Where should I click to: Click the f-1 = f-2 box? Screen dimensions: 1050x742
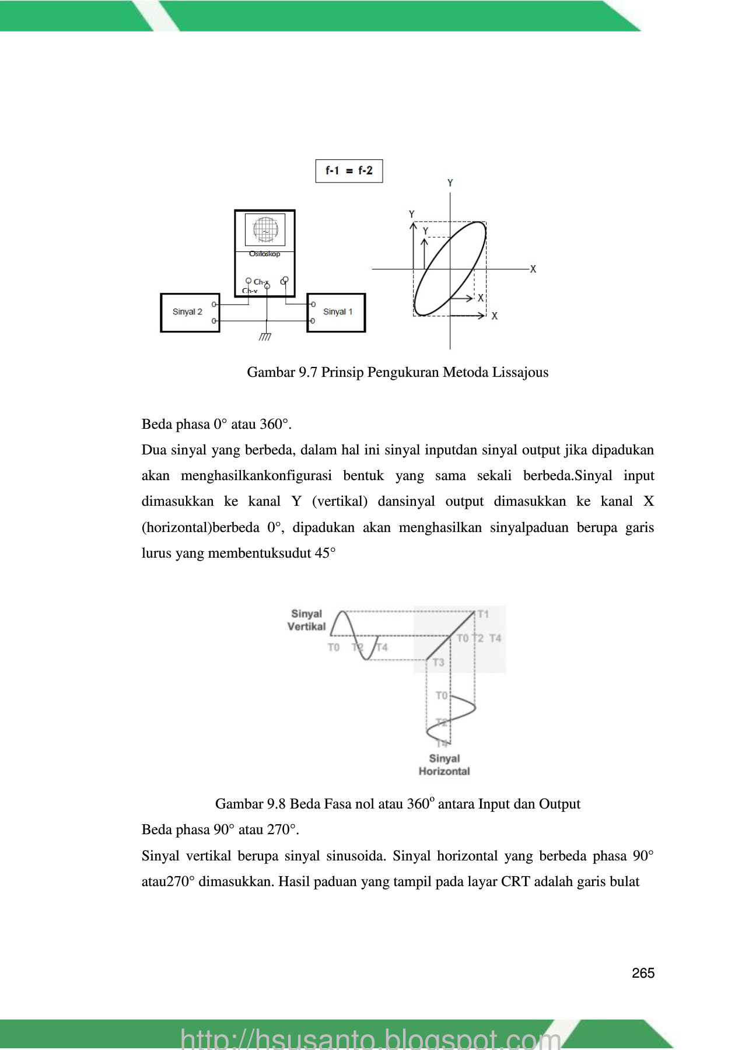(x=349, y=171)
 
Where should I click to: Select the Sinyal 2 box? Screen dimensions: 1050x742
(x=190, y=313)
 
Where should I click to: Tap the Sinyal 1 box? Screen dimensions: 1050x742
(x=337, y=313)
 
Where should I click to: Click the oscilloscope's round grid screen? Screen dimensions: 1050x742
(x=265, y=230)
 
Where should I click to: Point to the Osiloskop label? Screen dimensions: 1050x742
(x=265, y=254)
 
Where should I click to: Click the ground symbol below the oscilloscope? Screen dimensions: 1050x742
(x=265, y=337)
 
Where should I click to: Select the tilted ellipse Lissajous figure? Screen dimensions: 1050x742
(x=450, y=268)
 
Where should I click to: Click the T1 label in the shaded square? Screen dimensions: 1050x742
(x=483, y=614)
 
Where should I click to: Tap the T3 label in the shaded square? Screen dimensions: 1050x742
(x=438, y=662)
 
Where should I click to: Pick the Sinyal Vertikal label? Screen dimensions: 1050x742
(x=306, y=620)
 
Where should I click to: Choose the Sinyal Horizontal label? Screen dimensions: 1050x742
(x=444, y=765)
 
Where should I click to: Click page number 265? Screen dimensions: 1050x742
(x=643, y=973)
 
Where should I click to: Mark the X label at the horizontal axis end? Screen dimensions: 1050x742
(x=533, y=269)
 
